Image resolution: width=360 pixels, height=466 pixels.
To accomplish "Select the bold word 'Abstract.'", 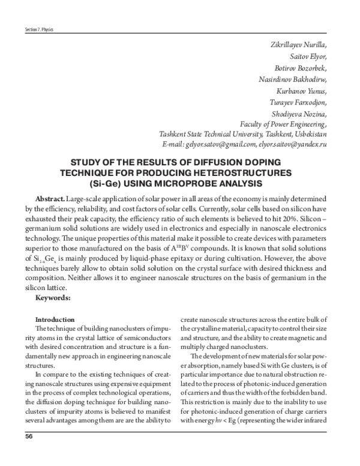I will (49, 198).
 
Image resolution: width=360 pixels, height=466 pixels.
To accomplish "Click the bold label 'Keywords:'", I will (53, 297).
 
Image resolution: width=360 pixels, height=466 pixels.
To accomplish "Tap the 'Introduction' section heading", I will (55, 319).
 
